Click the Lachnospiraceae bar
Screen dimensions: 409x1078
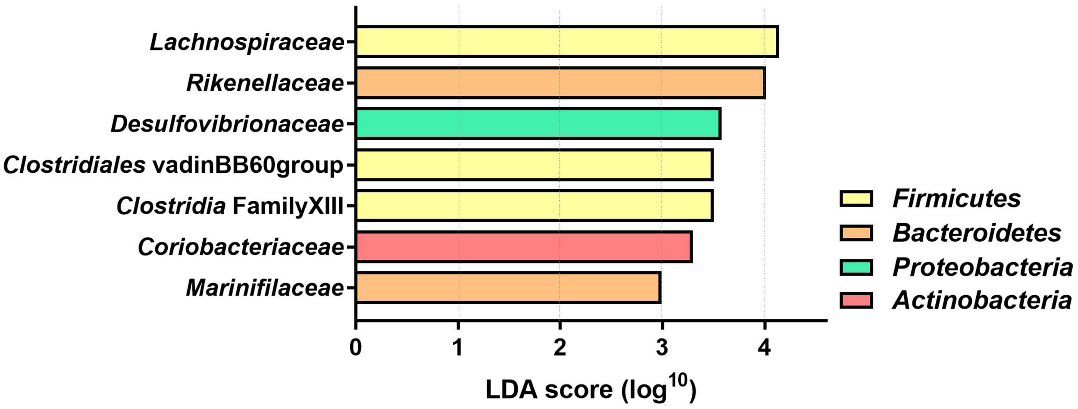tap(567, 41)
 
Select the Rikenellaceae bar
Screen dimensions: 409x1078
tap(560, 83)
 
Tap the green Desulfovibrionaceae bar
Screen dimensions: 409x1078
tap(538, 124)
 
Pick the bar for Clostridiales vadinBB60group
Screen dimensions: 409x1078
tap(534, 165)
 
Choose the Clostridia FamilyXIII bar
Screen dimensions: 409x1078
tap(534, 206)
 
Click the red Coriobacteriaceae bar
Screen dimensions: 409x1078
tap(523, 247)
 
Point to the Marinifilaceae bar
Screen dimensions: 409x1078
tap(508, 287)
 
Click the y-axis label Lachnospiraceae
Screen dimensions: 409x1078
tap(247, 43)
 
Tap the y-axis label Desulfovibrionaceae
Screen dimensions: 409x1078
tap(227, 124)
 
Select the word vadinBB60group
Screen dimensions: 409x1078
tap(248, 166)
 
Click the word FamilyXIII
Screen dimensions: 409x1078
tap(288, 206)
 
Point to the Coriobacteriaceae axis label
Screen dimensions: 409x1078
tap(241, 247)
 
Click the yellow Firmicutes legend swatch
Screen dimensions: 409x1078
tap(856, 199)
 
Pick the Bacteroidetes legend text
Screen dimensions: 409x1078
tap(977, 233)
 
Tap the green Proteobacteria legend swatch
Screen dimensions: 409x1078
tap(856, 267)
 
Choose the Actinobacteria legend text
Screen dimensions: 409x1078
tap(982, 300)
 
